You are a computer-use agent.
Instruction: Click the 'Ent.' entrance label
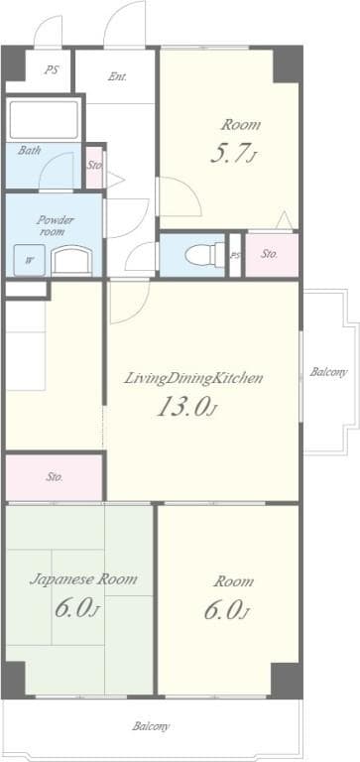coord(117,76)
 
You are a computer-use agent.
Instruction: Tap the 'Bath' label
coord(29,151)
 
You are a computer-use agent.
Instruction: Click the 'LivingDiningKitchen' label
coord(193,378)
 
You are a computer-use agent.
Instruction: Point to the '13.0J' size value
coord(185,408)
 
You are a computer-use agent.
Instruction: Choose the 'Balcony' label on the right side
coord(328,373)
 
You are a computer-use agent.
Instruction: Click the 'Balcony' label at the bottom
coord(151,726)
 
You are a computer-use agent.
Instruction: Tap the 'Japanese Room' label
coord(82,578)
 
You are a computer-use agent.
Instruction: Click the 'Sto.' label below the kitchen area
coord(54,477)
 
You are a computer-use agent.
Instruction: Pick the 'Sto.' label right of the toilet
coord(270,254)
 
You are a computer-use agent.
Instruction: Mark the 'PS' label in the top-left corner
coord(50,69)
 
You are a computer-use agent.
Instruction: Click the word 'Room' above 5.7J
coord(241,125)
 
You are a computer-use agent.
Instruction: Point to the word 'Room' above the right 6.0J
coord(233,581)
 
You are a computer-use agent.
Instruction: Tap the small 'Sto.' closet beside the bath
coord(94,166)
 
